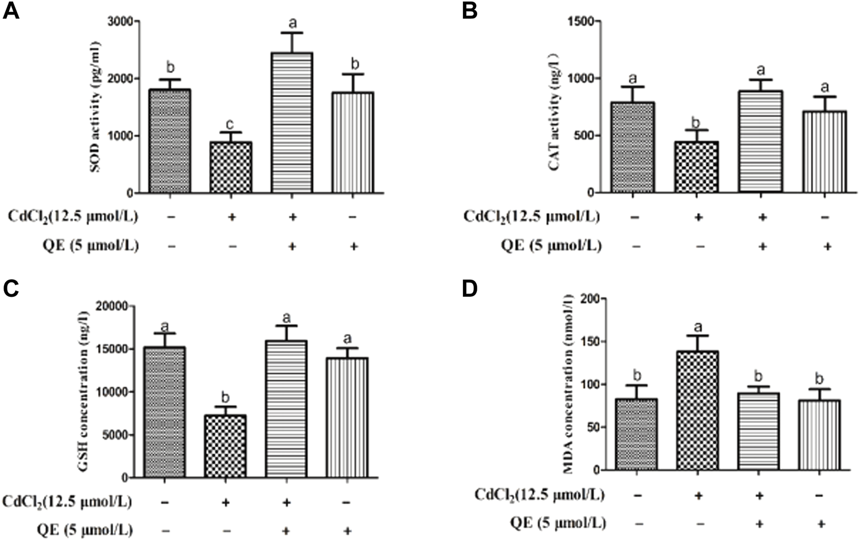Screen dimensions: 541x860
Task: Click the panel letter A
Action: tap(11, 11)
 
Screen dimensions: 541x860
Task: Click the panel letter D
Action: tap(470, 289)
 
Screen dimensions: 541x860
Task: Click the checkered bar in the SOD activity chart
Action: tap(231, 167)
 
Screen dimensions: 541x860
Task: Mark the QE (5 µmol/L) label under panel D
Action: tap(558, 523)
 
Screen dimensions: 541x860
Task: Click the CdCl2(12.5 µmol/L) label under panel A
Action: tap(73, 216)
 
